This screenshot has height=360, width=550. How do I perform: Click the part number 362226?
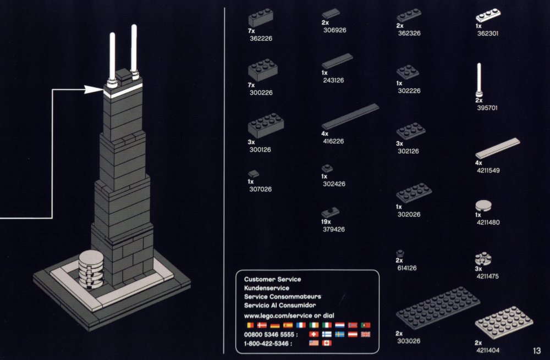260,38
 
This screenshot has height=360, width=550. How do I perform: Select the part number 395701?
487,108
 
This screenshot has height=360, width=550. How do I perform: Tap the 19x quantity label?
327,221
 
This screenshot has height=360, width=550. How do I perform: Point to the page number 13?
537,351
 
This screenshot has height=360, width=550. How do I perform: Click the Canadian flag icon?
326,344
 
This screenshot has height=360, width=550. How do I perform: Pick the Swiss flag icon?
314,334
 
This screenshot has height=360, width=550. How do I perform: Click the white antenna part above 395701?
479,79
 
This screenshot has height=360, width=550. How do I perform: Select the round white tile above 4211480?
483,206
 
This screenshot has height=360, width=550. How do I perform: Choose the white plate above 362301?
490,17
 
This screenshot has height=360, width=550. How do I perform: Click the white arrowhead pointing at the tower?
95,89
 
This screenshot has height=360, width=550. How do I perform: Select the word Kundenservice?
266,288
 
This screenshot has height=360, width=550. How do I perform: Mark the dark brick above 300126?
265,128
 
